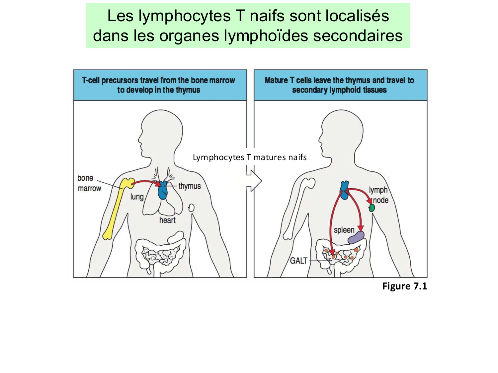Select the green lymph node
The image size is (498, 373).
tap(372, 208)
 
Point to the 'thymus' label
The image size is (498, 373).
tap(190, 186)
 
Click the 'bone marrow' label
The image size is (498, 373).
tap(89, 183)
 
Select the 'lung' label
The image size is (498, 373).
tap(137, 197)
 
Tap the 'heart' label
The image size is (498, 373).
tap(167, 220)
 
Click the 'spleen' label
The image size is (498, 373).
tap(344, 230)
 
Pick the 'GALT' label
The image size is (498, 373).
tap(299, 261)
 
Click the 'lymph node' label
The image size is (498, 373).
tap(379, 195)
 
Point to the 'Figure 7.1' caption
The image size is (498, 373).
tap(404, 286)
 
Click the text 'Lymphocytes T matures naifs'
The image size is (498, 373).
tap(250, 157)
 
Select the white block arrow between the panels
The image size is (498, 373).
tap(254, 181)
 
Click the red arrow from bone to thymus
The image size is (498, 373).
tap(146, 182)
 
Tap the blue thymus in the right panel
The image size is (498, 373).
tap(345, 190)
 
